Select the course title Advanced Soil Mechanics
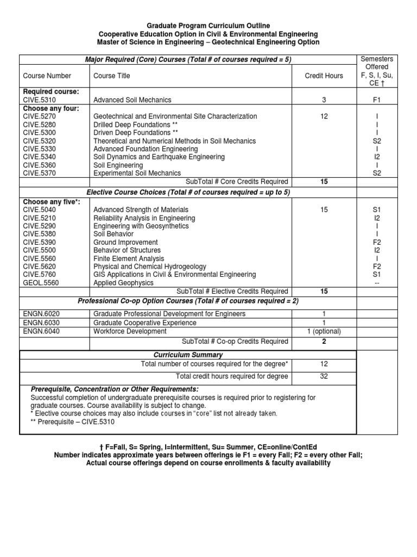pos(132,100)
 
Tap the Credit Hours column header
pos(324,76)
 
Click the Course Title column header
pos(112,76)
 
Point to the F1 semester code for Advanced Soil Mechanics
pos(377,100)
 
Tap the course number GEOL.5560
pos(40,283)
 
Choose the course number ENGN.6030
pos(40,323)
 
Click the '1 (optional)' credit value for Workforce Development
pos(324,331)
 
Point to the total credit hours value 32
pos(324,376)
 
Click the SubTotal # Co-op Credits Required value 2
pos(324,342)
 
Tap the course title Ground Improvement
pos(125,243)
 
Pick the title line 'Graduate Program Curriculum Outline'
pos(208,26)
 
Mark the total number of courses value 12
pos(324,363)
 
